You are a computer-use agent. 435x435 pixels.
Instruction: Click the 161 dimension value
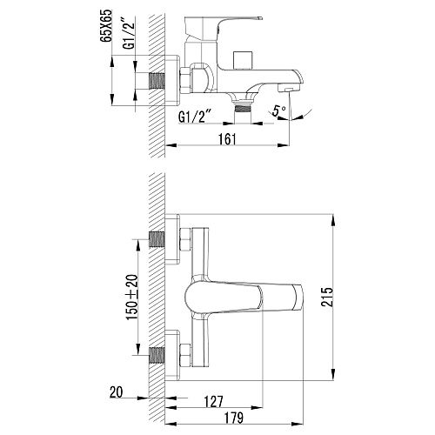227,139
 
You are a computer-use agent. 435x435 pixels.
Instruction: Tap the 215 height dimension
327,297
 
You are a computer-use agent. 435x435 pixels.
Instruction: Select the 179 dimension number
234,418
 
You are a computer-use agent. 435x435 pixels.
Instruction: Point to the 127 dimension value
214,402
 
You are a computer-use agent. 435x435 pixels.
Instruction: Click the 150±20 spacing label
132,298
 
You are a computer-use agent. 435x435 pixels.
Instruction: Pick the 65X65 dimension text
106,26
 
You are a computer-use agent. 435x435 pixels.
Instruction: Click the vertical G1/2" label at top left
130,33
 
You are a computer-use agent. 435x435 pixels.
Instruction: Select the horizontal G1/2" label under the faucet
194,117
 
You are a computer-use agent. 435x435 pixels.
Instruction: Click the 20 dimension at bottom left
116,392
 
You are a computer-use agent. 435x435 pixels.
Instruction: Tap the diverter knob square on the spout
243,60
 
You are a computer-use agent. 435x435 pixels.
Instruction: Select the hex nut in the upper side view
185,80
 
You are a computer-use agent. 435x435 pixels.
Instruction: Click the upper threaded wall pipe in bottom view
157,239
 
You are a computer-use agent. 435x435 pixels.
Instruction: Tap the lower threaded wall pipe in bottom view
157,355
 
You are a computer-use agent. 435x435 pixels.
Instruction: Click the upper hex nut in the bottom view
185,239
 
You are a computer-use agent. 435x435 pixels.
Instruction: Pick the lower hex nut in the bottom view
185,356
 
